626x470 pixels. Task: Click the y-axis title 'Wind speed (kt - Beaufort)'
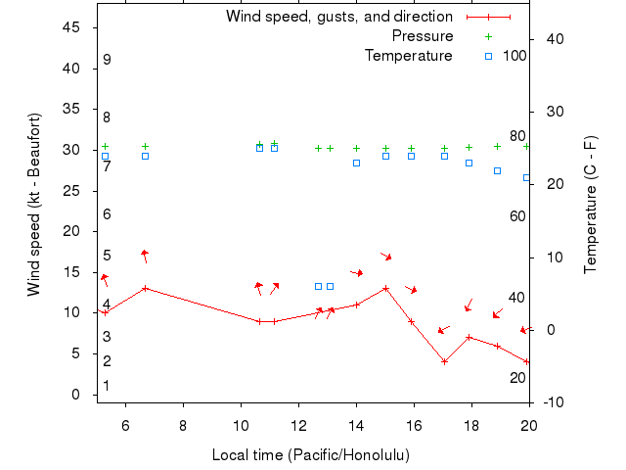click(x=33, y=205)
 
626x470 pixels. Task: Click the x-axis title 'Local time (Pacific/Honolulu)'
click(x=311, y=455)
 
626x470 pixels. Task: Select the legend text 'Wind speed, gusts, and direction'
click(x=338, y=17)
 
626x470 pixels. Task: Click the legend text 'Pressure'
click(x=423, y=36)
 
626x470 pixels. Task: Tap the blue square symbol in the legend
click(x=489, y=56)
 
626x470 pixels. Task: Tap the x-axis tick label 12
click(x=298, y=425)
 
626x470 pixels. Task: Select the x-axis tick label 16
click(x=414, y=425)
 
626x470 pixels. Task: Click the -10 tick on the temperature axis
click(x=551, y=402)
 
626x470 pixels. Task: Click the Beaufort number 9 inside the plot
click(x=107, y=60)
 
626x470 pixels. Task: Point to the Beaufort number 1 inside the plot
click(x=106, y=386)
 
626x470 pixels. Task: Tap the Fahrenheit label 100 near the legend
click(x=514, y=56)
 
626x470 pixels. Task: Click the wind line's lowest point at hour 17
click(x=444, y=361)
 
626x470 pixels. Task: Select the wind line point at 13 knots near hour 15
click(x=386, y=288)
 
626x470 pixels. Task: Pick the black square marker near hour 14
click(x=357, y=163)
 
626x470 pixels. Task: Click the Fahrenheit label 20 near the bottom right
click(x=517, y=378)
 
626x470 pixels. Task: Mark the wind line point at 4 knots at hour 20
click(x=528, y=361)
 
